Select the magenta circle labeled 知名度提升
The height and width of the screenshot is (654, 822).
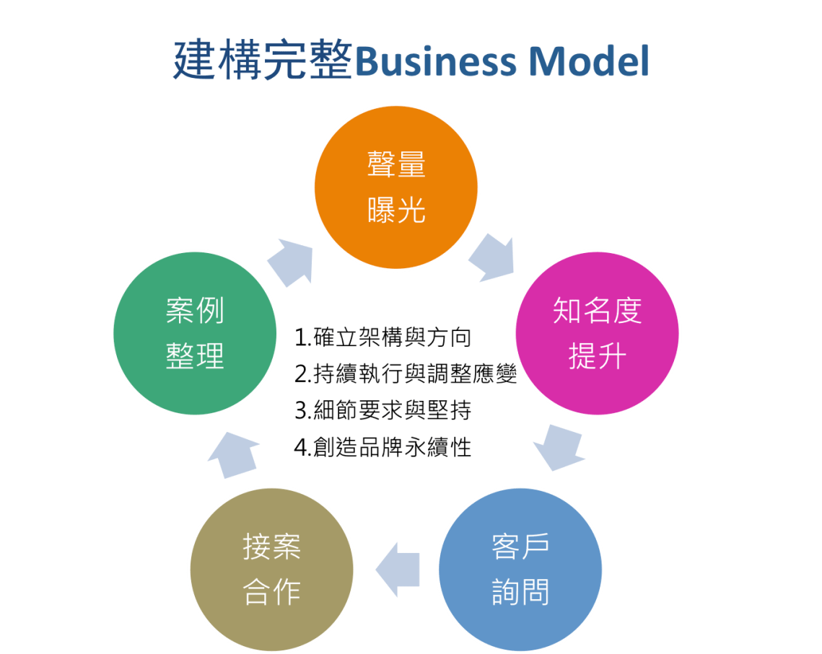pyautogui.click(x=597, y=333)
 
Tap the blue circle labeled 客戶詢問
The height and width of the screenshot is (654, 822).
pyautogui.click(x=520, y=570)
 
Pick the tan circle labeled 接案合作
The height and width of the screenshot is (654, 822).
pyautogui.click(x=271, y=570)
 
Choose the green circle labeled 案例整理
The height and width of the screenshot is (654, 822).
pyautogui.click(x=195, y=333)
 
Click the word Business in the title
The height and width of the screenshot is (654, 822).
pyautogui.click(x=435, y=62)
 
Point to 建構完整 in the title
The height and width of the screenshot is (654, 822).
pyautogui.click(x=263, y=61)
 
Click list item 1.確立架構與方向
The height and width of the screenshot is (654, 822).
pyautogui.click(x=383, y=337)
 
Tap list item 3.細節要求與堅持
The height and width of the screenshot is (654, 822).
pyautogui.click(x=383, y=411)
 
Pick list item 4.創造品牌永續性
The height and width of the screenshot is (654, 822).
pyautogui.click(x=383, y=448)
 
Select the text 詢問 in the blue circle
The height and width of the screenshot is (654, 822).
pyautogui.click(x=520, y=592)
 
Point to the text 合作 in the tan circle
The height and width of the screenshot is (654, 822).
pyautogui.click(x=271, y=593)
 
